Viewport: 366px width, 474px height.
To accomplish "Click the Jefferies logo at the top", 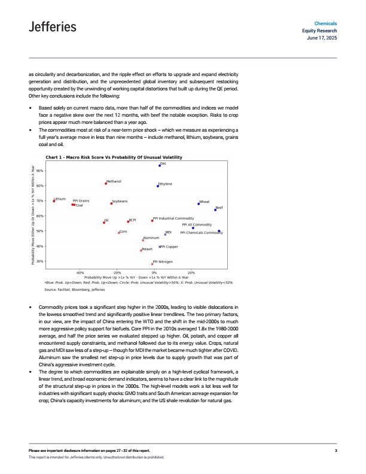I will pos(53,27).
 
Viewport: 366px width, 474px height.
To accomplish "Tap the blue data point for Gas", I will pos(160,165).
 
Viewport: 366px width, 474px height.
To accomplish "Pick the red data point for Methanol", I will pos(106,183).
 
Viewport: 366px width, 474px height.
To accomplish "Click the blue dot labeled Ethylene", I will pos(158,186).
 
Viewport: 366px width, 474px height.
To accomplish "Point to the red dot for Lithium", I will pos(54,200).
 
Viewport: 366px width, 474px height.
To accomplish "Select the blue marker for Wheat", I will pos(199,204).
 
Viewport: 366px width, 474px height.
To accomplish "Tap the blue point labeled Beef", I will pos(215,209).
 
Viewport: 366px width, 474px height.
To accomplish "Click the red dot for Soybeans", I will pos(112,203).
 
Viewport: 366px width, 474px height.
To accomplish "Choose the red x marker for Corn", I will pos(118,232).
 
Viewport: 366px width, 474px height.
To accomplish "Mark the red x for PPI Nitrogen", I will pos(152,263).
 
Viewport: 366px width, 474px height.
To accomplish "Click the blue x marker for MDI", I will pos(165,234).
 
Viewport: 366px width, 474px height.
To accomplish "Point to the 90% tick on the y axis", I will pos(39,171).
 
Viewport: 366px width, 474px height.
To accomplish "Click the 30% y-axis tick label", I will pos(39,262).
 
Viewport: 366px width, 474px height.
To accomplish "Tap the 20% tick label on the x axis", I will pos(191,273).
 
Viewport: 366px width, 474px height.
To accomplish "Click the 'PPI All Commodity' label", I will pos(197,225).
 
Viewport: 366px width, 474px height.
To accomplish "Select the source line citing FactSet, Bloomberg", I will pos(75,289).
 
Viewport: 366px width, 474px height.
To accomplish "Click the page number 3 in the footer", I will pos(336,450).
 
